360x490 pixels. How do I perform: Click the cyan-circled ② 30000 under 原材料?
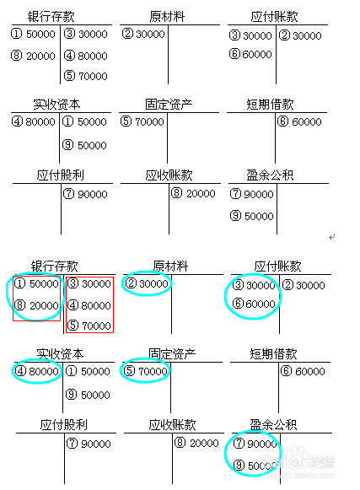(x=147, y=283)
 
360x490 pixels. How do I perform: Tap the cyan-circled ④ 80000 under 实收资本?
(x=36, y=371)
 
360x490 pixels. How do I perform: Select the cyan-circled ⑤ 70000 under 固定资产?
(x=145, y=371)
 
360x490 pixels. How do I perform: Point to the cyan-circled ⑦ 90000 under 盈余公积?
(x=255, y=444)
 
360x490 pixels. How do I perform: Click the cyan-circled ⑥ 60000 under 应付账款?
(x=254, y=304)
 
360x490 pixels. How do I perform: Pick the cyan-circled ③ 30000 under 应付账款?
(x=254, y=285)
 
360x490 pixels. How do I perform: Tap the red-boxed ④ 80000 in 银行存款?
(x=89, y=305)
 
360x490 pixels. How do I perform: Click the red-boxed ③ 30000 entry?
(x=89, y=283)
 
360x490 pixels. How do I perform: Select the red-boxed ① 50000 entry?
(x=36, y=283)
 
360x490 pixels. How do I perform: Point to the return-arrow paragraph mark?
(x=332, y=237)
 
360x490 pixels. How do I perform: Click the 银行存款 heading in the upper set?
(x=51, y=17)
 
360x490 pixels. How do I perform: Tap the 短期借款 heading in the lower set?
(x=273, y=353)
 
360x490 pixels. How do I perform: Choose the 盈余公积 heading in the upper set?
(x=270, y=175)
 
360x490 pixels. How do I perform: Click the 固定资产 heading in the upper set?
(x=169, y=104)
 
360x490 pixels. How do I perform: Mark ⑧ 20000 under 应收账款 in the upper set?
(x=193, y=193)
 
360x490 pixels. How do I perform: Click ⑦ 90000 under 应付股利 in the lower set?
(x=89, y=444)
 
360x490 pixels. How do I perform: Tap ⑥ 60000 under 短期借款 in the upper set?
(x=299, y=121)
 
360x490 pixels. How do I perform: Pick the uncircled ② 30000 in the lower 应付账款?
(x=304, y=285)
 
